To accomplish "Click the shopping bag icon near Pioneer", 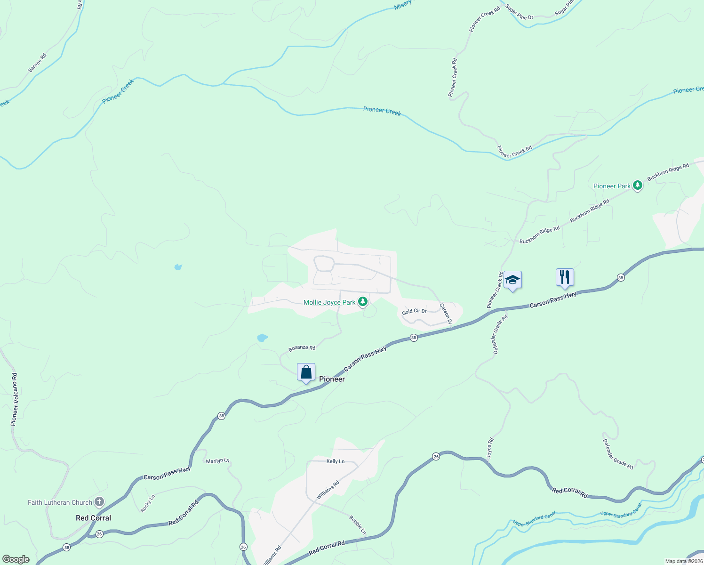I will click(306, 372).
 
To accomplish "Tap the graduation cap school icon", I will click(512, 280).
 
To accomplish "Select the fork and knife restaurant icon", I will click(565, 277).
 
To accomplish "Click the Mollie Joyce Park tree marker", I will click(362, 302).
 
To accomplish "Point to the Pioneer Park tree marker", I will click(638, 186).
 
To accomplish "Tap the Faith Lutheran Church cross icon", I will click(99, 502).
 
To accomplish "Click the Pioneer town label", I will click(332, 379).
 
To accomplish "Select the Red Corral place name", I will click(93, 518).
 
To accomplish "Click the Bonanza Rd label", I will click(302, 348).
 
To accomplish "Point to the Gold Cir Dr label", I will click(414, 311).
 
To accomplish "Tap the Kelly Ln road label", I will click(336, 461).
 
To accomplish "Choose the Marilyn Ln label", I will click(217, 461).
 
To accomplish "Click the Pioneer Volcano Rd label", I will click(14, 400).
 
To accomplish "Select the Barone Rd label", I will click(37, 63).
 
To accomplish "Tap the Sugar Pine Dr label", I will click(519, 12).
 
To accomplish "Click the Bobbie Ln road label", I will click(358, 525).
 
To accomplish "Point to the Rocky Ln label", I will click(147, 503).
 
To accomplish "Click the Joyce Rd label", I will click(490, 448).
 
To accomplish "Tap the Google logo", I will click(16, 559).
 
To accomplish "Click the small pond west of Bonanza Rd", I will click(262, 338).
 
